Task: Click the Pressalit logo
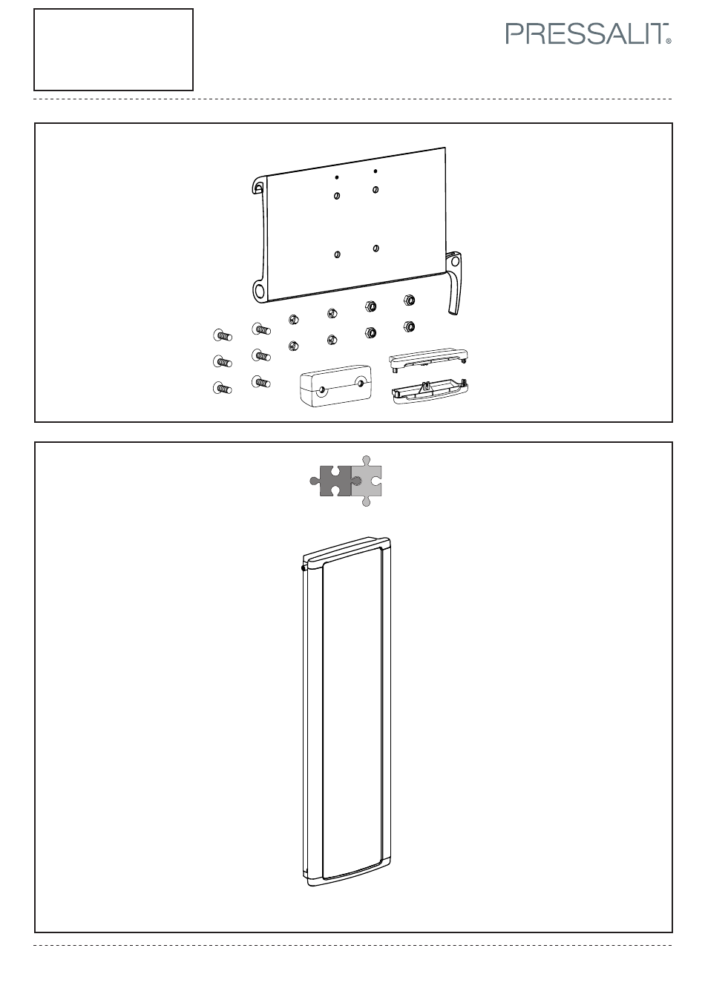tap(588, 34)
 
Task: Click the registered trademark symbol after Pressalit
tap(669, 42)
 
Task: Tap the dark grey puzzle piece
tap(331, 481)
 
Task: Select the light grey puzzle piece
tap(367, 481)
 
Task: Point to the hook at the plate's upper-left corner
tap(259, 185)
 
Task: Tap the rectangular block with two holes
tap(335, 386)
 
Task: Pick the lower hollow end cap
tap(430, 391)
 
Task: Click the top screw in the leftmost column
tap(222, 335)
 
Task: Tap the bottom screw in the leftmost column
tap(222, 388)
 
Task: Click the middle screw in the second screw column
tap(261, 355)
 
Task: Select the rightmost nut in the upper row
tap(409, 300)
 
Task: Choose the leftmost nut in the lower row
tap(293, 346)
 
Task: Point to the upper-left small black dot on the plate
tap(337, 177)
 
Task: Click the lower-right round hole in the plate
tap(376, 249)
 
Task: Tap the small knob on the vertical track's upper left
tap(304, 567)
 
